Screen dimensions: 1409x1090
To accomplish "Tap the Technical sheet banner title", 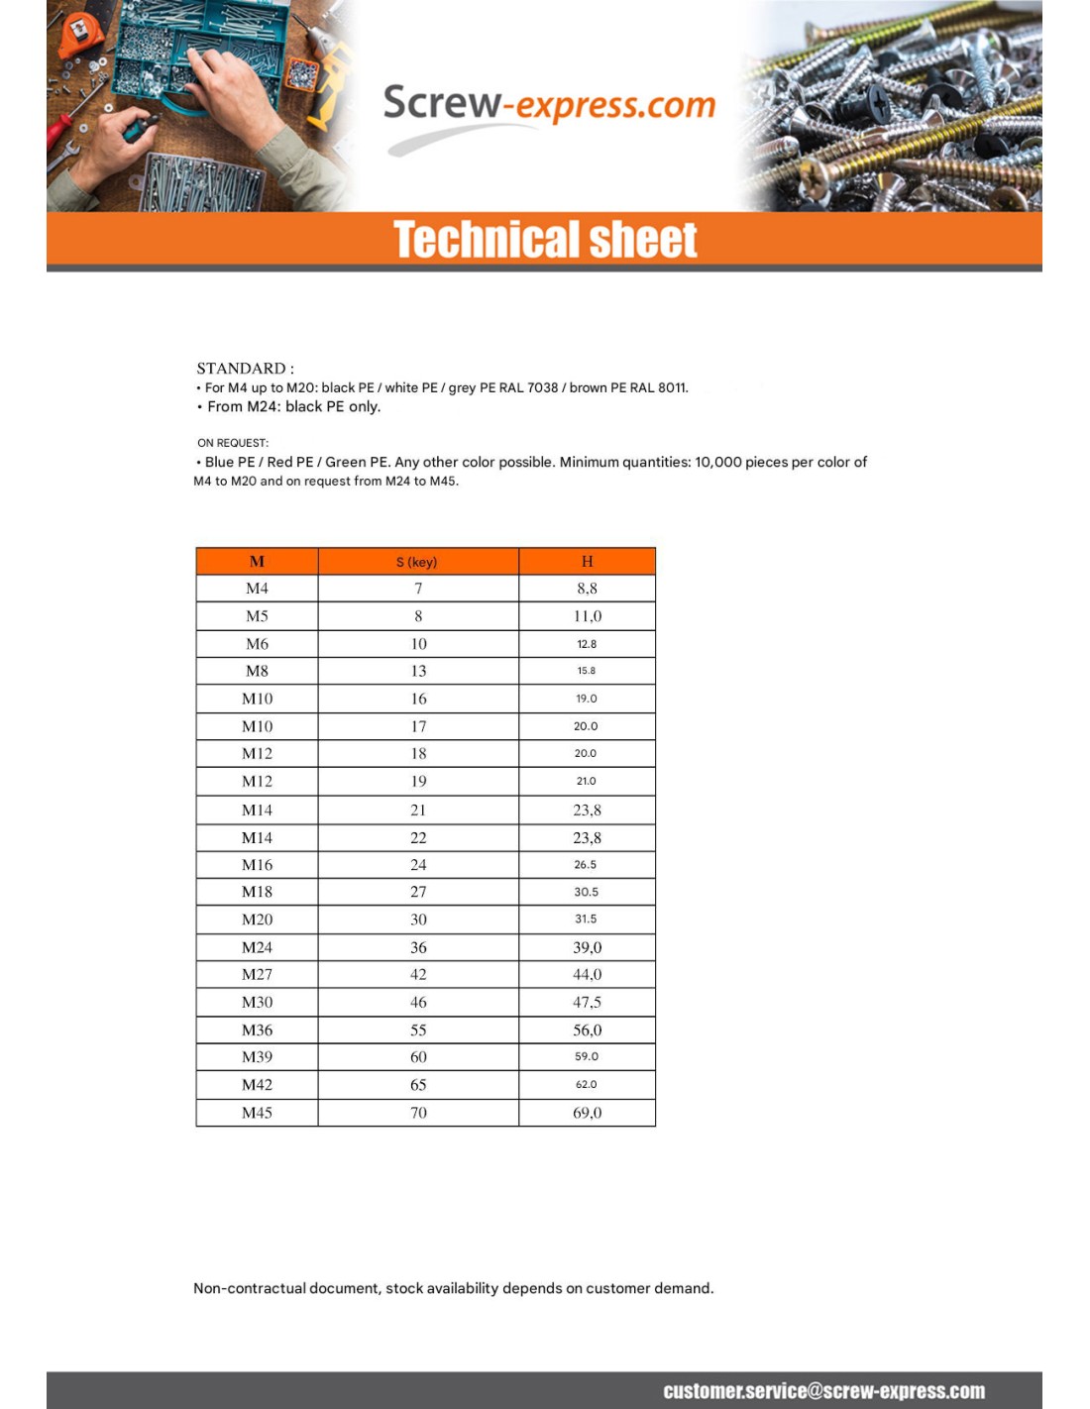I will pyautogui.click(x=545, y=240).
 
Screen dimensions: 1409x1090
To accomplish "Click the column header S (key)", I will pyautogui.click(x=417, y=562).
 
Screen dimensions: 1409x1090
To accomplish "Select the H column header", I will pyautogui.click(x=587, y=562).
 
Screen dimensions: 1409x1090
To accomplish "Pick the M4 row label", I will pyautogui.click(x=257, y=589).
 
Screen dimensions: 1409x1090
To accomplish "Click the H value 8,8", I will pyautogui.click(x=587, y=589).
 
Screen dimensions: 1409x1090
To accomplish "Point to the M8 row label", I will pyautogui.click(x=257, y=671).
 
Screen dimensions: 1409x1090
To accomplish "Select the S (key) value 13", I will pyautogui.click(x=418, y=671).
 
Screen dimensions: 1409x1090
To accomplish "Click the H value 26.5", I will pyautogui.click(x=586, y=865).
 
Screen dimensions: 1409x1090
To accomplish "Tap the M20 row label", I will pyautogui.click(x=257, y=920).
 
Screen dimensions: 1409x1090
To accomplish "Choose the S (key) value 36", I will pyautogui.click(x=418, y=947).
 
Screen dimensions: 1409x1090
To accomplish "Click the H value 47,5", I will pyautogui.click(x=587, y=1003).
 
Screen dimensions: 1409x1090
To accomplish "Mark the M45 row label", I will pyautogui.click(x=257, y=1113).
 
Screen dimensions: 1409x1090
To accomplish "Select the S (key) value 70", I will pyautogui.click(x=418, y=1113).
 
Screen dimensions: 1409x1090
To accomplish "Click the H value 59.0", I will pyautogui.click(x=587, y=1057).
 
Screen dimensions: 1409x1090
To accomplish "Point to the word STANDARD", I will pyautogui.click(x=241, y=369).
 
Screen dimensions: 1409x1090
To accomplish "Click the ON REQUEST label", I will pyautogui.click(x=233, y=443).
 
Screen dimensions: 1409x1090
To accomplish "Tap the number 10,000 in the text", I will pyautogui.click(x=717, y=462).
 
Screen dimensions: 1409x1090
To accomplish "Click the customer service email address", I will pyautogui.click(x=823, y=1391).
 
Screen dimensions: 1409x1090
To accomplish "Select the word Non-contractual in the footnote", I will pyautogui.click(x=250, y=1288).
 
